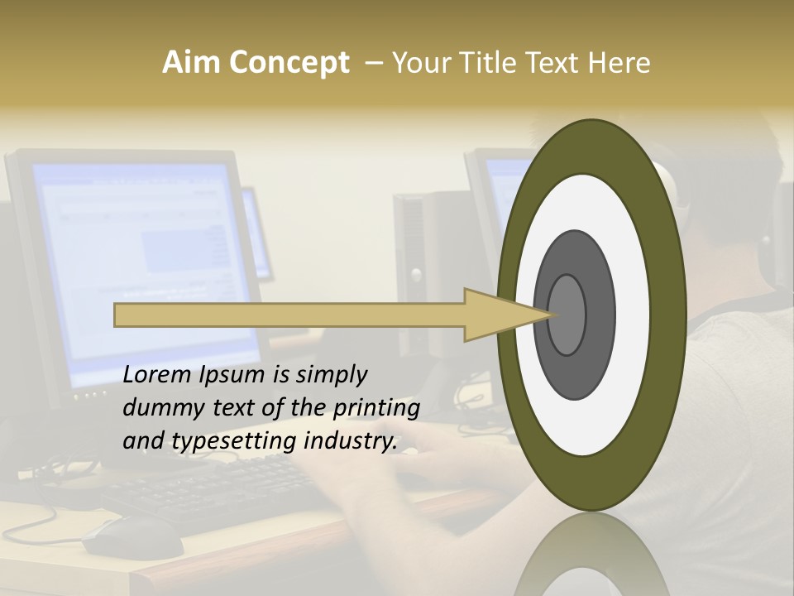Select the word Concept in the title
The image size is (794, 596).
coord(288,63)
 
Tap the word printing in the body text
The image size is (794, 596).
coord(377,408)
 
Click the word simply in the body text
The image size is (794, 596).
coord(331,375)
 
